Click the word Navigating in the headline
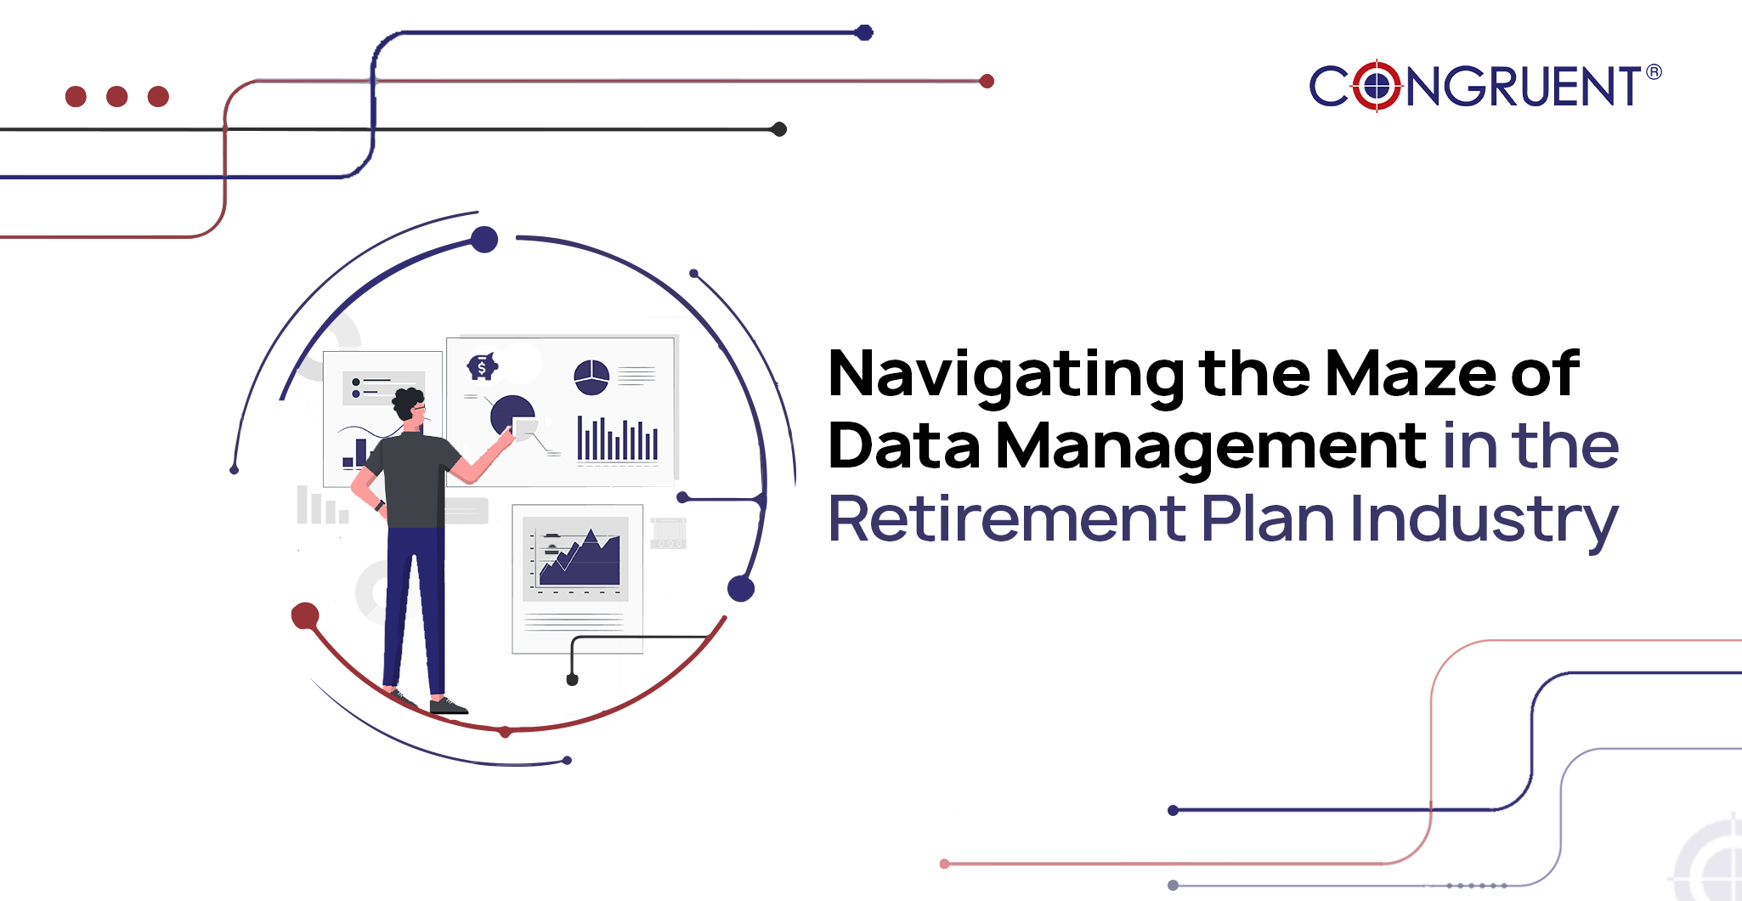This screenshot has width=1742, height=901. coord(1007,375)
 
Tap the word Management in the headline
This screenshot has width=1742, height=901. coord(1212,447)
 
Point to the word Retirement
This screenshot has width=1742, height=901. coord(1007,518)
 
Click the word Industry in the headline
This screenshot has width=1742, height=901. coord(1485,521)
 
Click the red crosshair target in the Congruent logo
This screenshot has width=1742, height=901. coord(1377,86)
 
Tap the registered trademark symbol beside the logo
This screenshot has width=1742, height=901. coord(1654,72)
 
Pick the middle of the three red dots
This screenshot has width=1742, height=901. coord(117,96)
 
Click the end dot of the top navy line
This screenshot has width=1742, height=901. coord(864,33)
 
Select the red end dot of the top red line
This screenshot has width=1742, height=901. coord(987,82)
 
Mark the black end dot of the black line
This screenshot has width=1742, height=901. coord(778,129)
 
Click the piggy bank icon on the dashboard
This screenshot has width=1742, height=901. coord(482,366)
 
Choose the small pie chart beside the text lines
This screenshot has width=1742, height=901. coord(591,377)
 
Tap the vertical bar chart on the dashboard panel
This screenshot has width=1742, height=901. coord(618,439)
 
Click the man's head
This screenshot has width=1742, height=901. coord(409,406)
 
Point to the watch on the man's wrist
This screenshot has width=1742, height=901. coord(380,506)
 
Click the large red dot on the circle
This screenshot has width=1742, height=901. coord(305,616)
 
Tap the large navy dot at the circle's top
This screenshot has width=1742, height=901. coord(484,240)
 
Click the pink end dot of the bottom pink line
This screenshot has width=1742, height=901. coord(944,864)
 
